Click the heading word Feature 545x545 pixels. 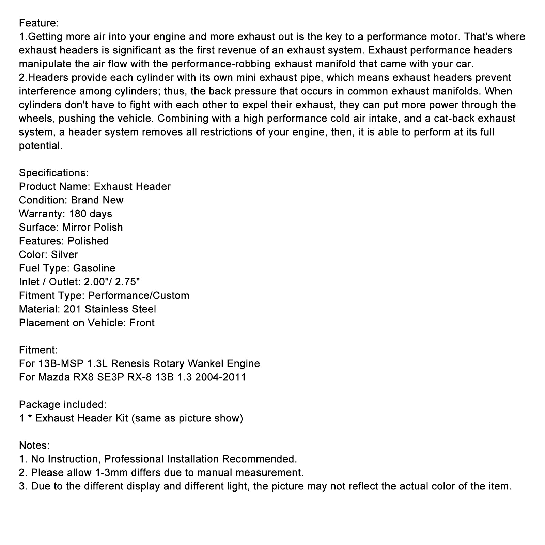pyautogui.click(x=38, y=23)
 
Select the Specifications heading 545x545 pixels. pyautogui.click(x=53, y=173)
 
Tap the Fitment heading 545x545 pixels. pyautogui.click(x=38, y=350)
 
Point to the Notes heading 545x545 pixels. pyautogui.click(x=34, y=446)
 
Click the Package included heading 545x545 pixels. pyautogui.click(x=63, y=405)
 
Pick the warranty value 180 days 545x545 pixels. pyautogui.click(x=90, y=214)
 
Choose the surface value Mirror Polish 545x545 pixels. pyautogui.click(x=92, y=228)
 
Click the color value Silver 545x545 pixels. pyautogui.click(x=64, y=255)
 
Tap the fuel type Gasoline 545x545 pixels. pyautogui.click(x=94, y=268)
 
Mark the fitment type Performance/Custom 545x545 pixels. pyautogui.click(x=139, y=296)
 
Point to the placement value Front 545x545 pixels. pyautogui.click(x=142, y=323)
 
